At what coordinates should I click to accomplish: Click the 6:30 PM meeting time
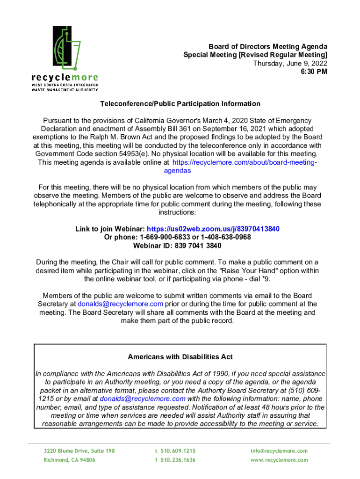314,72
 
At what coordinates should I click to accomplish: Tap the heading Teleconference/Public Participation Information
180,104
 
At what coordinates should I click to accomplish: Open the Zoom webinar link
213,229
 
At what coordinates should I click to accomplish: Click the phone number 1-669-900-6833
157,237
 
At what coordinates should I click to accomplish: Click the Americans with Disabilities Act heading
180,357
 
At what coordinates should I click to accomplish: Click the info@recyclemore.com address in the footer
279,451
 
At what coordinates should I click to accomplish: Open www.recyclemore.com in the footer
279,460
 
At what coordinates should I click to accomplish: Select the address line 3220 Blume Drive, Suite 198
79,451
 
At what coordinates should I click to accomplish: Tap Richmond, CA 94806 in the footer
69,460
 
